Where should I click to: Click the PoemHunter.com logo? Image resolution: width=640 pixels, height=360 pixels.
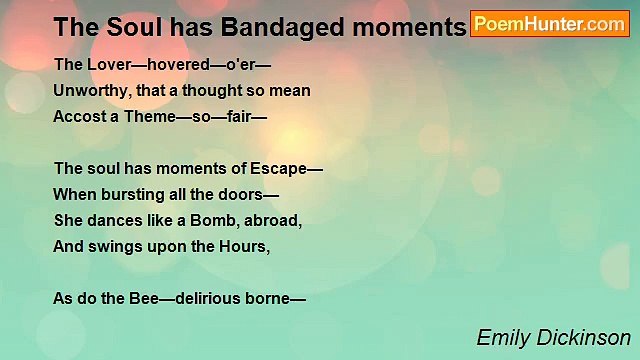(549, 23)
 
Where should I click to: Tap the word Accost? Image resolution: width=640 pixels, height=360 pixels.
(81, 116)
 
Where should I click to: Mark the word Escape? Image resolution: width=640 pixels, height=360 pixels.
(282, 168)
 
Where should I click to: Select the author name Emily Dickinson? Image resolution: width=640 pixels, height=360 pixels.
(553, 337)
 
